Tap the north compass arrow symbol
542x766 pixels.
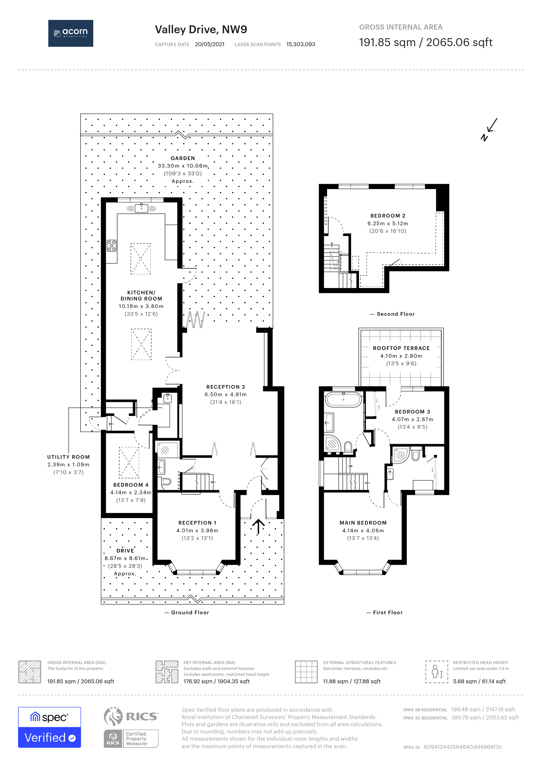pos(489,130)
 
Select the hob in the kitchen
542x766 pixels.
pos(112,246)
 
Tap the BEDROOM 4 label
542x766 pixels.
pos(131,485)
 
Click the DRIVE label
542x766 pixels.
pos(125,551)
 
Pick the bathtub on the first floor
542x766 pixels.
pos(343,399)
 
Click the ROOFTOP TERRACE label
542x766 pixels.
pos(401,348)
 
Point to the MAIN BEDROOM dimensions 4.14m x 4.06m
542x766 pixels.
pos(363,530)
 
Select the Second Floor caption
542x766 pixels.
pos(395,314)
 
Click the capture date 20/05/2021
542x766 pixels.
pos(210,44)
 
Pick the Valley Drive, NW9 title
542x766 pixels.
pos(201,29)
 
